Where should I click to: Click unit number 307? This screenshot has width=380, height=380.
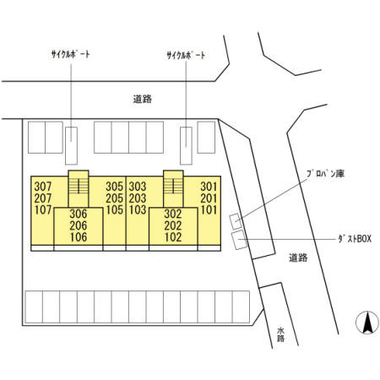(x=43, y=187)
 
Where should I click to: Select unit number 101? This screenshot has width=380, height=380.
(x=209, y=210)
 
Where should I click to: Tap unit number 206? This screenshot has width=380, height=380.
(x=79, y=225)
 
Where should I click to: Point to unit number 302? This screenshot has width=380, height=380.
(x=173, y=214)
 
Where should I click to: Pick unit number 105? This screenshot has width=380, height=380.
(x=115, y=210)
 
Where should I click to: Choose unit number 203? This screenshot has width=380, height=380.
(x=138, y=198)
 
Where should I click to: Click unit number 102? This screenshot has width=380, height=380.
(x=173, y=237)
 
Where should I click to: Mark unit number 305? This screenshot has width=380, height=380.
(x=115, y=187)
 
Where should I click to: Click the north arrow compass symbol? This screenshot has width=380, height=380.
(x=367, y=323)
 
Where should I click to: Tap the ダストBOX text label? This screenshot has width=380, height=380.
(x=355, y=239)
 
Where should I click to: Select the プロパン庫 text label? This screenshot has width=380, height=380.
(x=325, y=174)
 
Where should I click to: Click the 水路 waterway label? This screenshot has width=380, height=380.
(x=280, y=334)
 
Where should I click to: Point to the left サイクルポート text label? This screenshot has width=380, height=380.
(x=70, y=54)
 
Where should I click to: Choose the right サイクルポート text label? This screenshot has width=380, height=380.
(x=186, y=56)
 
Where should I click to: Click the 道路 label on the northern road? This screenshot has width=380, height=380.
(x=143, y=99)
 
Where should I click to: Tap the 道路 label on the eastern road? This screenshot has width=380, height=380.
(x=298, y=258)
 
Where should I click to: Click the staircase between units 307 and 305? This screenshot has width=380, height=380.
(x=79, y=187)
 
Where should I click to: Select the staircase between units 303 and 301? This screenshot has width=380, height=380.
(x=173, y=187)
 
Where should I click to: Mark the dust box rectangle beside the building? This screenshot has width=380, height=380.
(x=239, y=240)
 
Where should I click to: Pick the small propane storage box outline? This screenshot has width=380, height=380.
(x=236, y=221)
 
